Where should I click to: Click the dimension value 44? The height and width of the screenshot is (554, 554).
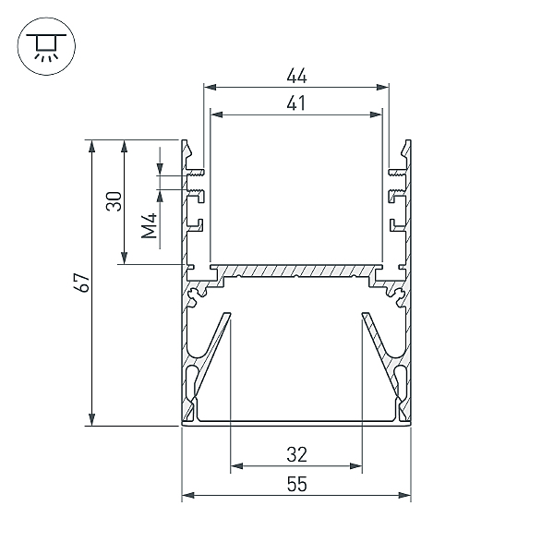tap(296, 76)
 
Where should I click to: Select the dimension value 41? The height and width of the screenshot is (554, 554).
tap(296, 103)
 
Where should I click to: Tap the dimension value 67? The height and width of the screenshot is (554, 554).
tap(83, 283)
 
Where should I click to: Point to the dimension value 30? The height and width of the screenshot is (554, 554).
tap(114, 201)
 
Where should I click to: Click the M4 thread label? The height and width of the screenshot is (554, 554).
tap(150, 226)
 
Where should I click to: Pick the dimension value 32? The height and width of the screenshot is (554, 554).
tap(296, 454)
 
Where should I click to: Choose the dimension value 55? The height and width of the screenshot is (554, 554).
tap(296, 484)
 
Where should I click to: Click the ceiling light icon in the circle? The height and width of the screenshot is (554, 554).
tap(46, 46)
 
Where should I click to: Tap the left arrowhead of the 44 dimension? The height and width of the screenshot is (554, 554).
tap(211, 88)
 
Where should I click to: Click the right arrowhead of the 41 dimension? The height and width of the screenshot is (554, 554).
tap(377, 114)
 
